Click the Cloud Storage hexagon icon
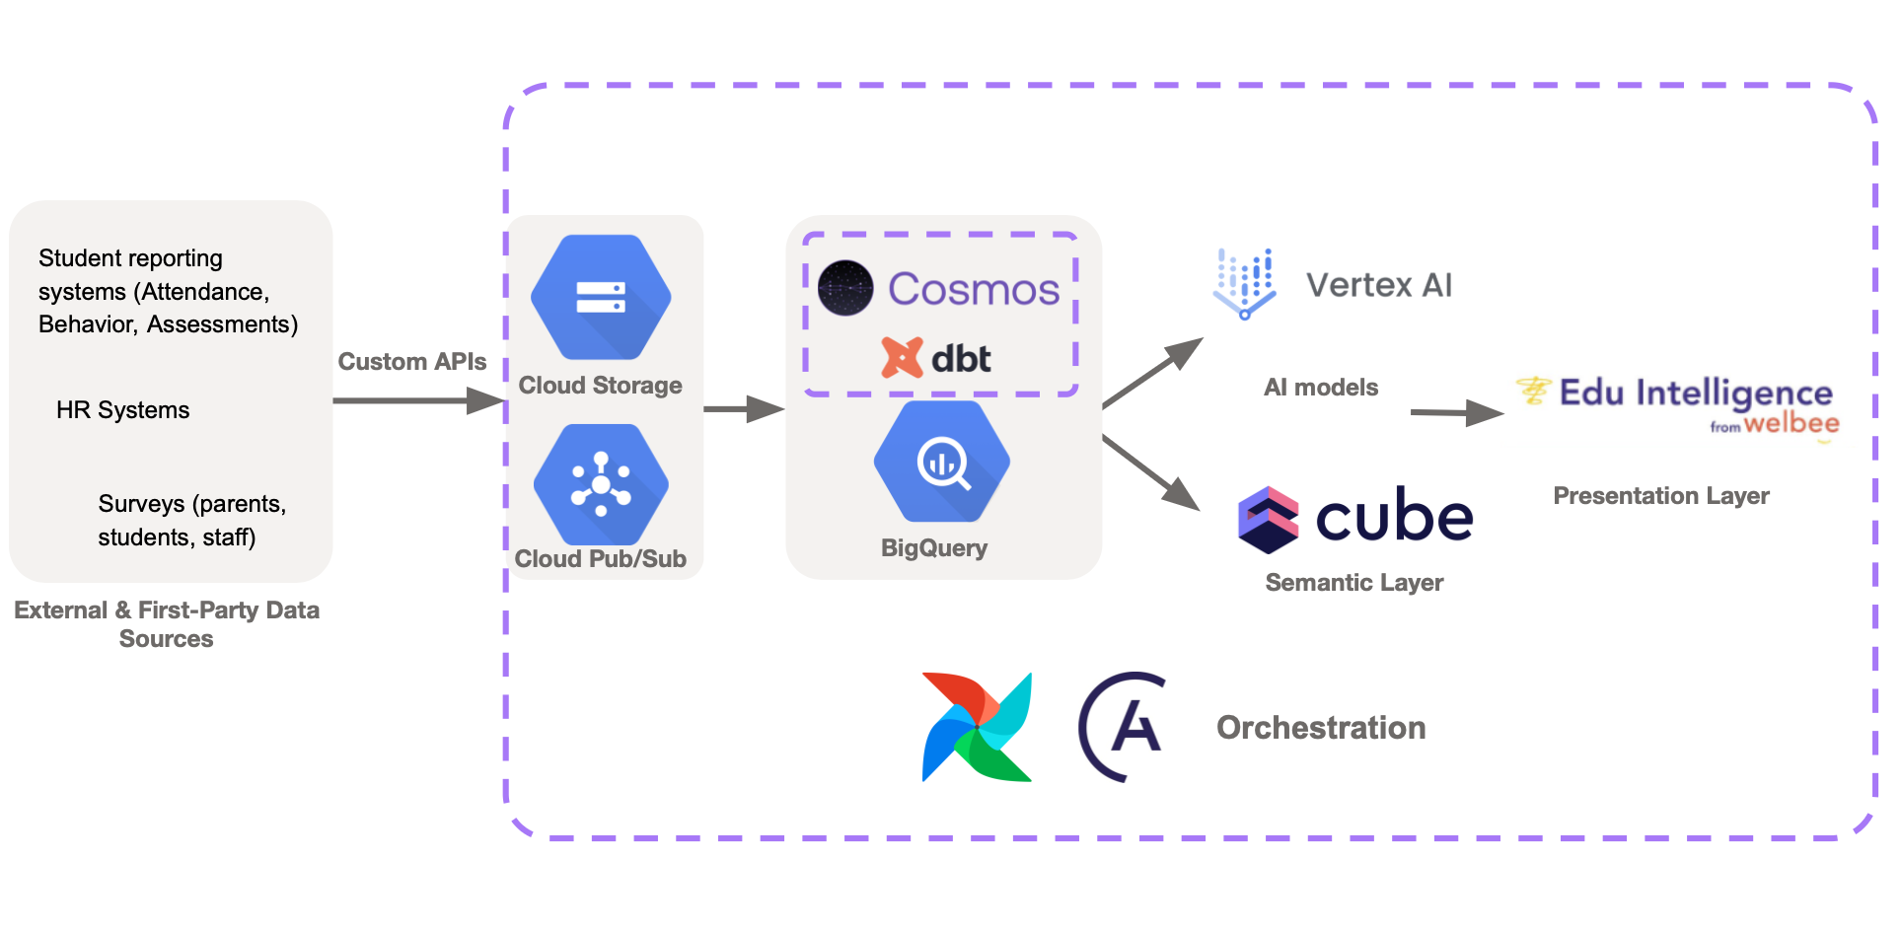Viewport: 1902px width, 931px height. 601,297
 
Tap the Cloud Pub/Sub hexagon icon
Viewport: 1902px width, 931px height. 601,484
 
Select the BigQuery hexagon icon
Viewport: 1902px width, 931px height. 942,462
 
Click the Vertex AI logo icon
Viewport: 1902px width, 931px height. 1244,284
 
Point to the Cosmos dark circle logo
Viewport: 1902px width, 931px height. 845,288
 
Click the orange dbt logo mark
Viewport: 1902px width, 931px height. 902,358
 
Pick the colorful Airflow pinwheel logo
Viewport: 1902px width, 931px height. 977,727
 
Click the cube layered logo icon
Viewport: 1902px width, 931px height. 1268,519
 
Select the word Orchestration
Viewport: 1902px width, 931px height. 1321,728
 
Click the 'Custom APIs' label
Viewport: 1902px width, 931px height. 411,362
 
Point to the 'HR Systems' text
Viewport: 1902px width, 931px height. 122,410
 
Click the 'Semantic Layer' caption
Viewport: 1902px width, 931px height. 1353,583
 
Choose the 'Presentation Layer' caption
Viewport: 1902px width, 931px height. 1660,496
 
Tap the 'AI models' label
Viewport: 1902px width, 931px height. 1320,388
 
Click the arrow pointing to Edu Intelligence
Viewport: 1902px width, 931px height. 1456,412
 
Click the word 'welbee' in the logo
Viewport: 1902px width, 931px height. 1791,424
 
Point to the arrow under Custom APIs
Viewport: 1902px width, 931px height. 418,400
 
